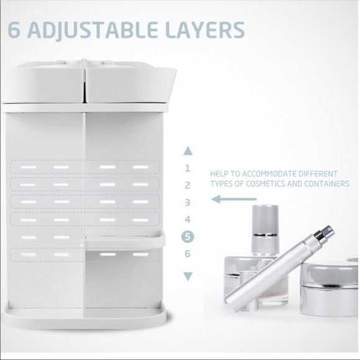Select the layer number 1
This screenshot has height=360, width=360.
187,168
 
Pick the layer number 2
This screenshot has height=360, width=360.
187,185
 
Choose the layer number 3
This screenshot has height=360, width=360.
187,202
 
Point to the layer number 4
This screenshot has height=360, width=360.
187,219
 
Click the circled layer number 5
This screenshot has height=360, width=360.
187,236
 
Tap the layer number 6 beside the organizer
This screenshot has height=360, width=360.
187,253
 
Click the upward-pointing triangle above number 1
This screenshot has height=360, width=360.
188,150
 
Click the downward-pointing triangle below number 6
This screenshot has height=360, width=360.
188,276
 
